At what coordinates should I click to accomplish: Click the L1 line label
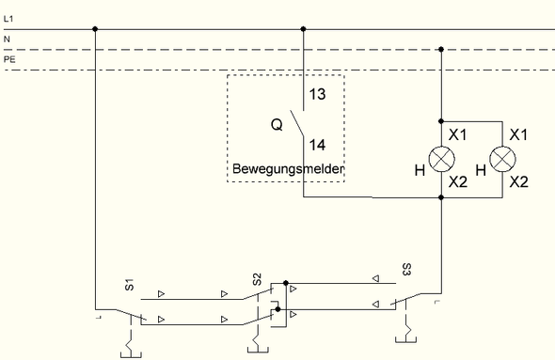click(9, 18)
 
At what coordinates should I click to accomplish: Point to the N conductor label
click(8, 39)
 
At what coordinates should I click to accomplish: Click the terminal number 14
click(319, 146)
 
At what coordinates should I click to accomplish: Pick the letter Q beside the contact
click(277, 122)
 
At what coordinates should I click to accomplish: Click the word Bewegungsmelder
click(286, 170)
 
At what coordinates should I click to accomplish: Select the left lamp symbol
click(442, 159)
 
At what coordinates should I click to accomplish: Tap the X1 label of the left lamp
click(459, 135)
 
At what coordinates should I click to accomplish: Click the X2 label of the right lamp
click(519, 181)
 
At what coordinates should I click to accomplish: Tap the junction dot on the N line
click(442, 49)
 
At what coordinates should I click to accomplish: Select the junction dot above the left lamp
click(442, 120)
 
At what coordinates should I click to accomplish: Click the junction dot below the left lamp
click(442, 198)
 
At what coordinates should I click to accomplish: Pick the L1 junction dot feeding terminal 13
click(302, 29)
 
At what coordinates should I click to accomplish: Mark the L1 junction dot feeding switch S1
click(96, 29)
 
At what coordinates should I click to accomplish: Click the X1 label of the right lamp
click(519, 135)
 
